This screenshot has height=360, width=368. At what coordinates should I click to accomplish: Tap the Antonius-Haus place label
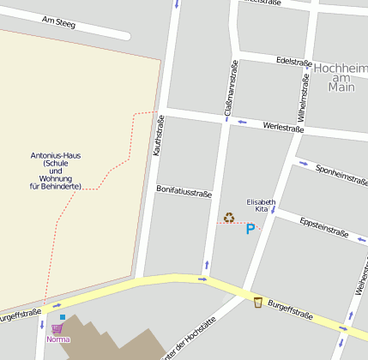(x=56, y=171)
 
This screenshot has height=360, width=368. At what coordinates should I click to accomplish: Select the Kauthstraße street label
(x=158, y=136)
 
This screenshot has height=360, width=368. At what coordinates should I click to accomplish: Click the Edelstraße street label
(x=293, y=62)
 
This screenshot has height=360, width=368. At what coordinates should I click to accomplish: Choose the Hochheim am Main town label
(x=341, y=76)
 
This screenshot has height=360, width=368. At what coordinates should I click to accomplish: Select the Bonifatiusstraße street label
(x=184, y=193)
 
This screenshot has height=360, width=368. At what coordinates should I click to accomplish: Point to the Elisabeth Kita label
(x=261, y=205)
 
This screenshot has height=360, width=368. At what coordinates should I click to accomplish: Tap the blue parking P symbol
(x=250, y=229)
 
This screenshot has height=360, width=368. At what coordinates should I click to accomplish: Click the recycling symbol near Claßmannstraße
(x=229, y=218)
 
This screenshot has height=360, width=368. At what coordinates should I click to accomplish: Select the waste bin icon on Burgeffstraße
(x=257, y=302)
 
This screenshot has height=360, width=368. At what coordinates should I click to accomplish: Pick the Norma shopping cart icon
(x=57, y=328)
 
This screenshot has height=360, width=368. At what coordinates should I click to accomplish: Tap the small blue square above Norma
(x=63, y=317)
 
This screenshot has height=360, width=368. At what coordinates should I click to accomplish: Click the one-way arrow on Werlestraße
(x=243, y=121)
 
